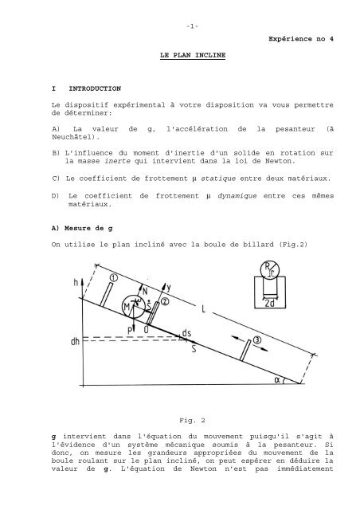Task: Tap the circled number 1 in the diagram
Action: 113,277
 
